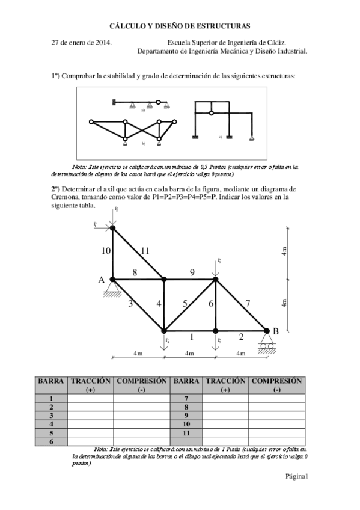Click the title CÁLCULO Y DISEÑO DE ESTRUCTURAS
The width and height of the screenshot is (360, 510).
pos(180,26)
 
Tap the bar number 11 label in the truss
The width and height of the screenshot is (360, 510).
pos(144,251)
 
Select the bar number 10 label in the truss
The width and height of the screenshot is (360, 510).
pos(106,251)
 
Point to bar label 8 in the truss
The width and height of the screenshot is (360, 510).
pos(135,272)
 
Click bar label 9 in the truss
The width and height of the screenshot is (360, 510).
pos(192,272)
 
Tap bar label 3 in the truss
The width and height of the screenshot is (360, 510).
pos(130,304)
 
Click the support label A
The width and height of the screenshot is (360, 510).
pos(102,280)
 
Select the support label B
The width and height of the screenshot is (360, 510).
pos(276,331)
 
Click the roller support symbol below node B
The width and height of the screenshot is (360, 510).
pos(267,345)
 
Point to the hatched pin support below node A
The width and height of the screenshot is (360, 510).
pos(112,292)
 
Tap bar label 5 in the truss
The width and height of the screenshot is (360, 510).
pos(185,304)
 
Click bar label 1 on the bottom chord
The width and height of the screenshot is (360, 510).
pos(191,337)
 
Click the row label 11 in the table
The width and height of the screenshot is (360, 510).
pos(186,432)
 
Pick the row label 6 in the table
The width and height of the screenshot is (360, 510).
pos(51,441)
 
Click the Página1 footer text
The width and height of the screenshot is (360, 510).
pos(296,476)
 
